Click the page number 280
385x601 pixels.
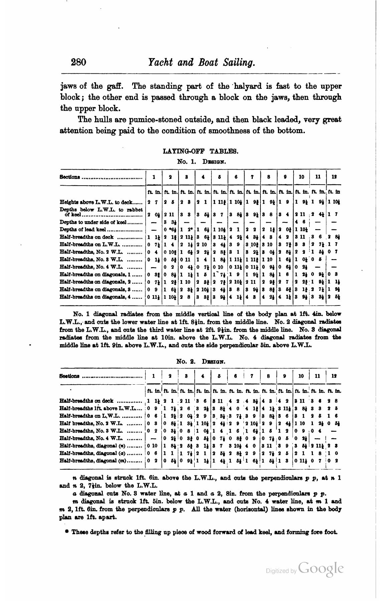(78, 62)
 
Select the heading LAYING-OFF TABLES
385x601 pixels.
(200, 151)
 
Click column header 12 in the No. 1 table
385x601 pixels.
(334, 177)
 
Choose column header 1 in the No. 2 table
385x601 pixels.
(153, 376)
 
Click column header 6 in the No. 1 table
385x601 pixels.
(236, 177)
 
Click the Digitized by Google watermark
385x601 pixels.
(305, 569)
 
